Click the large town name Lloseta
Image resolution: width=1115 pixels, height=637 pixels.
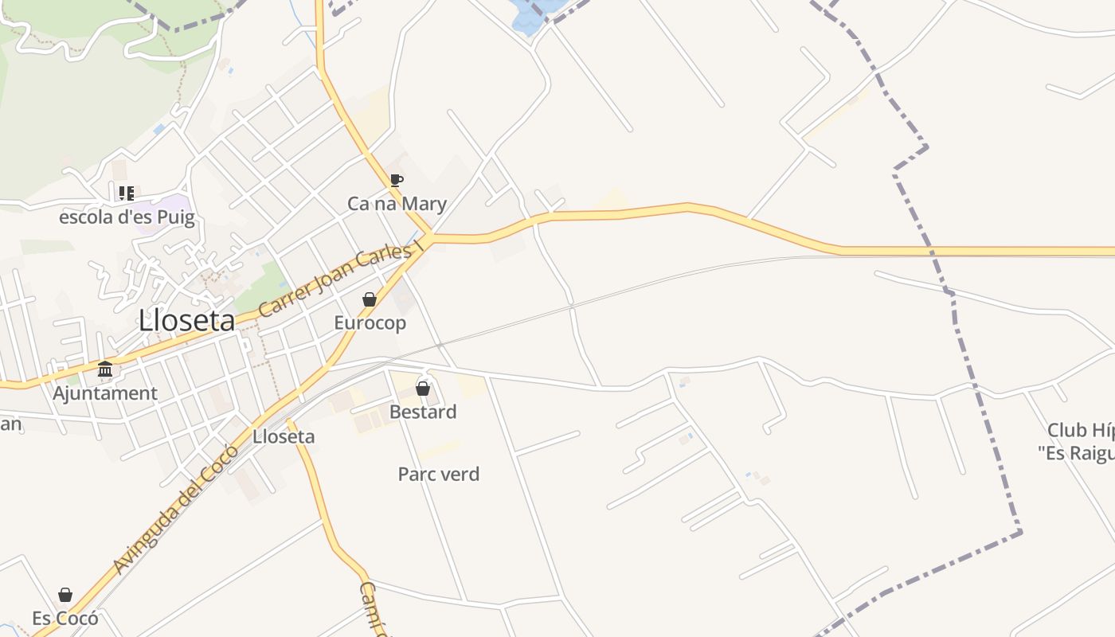[186, 321]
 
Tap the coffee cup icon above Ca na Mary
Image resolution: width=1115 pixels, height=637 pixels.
[396, 180]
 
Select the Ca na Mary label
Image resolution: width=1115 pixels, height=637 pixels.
[397, 204]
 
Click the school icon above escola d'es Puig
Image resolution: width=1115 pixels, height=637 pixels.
[126, 193]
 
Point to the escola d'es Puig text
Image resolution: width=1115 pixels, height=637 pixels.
[127, 217]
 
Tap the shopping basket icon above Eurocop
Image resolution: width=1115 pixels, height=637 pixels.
[369, 299]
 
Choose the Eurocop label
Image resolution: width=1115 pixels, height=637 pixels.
[370, 322]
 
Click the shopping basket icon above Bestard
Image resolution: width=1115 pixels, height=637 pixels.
[423, 389]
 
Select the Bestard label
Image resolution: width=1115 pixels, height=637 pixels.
[423, 412]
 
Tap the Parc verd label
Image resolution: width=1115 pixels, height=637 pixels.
[439, 475]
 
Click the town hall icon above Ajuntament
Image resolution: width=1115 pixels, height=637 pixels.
[105, 369]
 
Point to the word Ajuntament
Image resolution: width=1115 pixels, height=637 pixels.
[105, 393]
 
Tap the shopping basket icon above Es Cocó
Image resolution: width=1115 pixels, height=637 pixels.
[65, 595]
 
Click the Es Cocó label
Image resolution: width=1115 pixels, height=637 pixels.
[65, 618]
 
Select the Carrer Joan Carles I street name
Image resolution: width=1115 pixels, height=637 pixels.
[339, 279]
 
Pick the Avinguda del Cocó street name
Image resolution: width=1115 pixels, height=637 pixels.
[176, 510]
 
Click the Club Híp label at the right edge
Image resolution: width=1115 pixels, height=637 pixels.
[1079, 431]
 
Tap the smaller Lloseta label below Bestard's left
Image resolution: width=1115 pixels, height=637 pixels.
[284, 436]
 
